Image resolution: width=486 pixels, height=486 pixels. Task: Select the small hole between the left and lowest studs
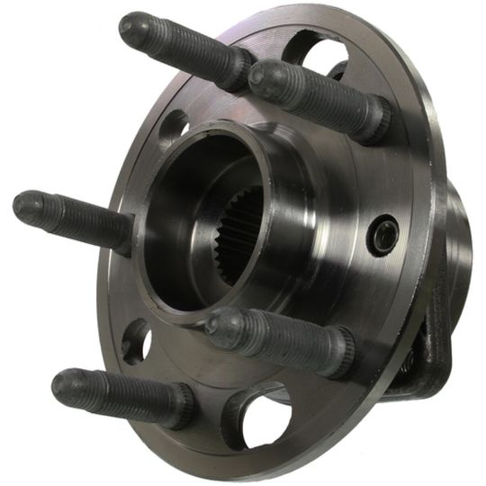pos(136,341)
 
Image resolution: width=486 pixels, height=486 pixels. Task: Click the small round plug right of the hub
pos(385,236)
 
